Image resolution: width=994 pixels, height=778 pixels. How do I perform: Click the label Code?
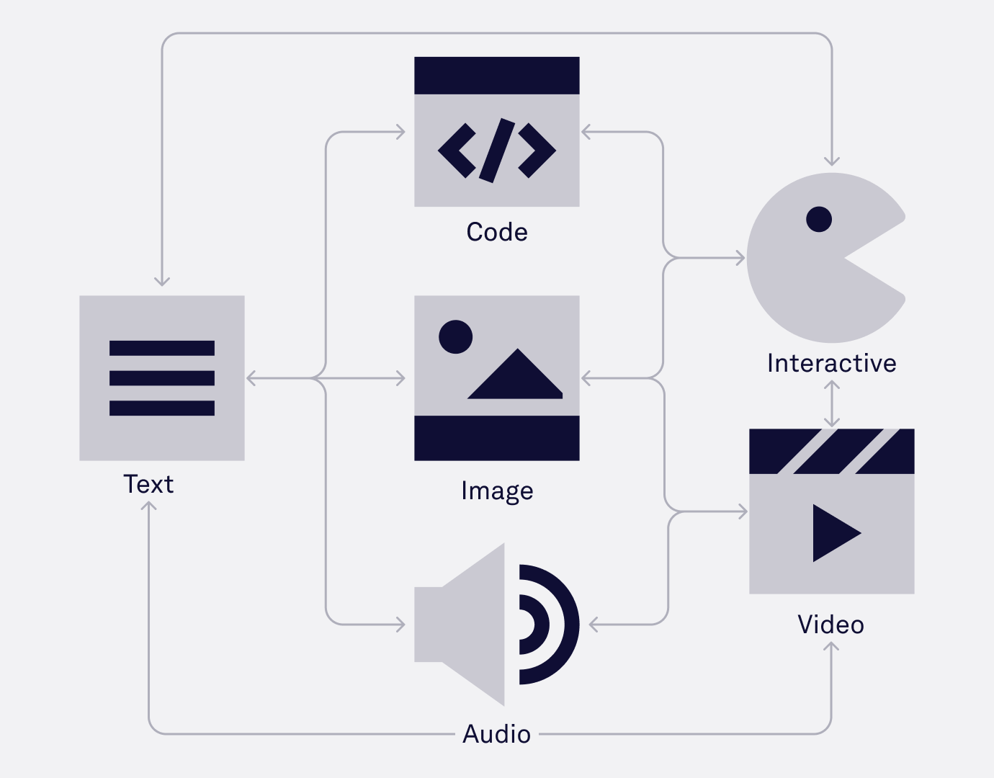click(497, 232)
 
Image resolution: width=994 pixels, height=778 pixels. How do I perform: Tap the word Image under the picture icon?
click(497, 491)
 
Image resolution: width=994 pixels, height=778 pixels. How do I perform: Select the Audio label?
click(497, 734)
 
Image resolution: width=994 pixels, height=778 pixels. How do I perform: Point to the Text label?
click(148, 484)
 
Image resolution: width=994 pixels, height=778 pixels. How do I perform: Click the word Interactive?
click(831, 363)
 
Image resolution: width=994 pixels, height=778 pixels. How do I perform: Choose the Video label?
click(830, 625)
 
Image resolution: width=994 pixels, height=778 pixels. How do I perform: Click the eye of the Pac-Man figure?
click(819, 219)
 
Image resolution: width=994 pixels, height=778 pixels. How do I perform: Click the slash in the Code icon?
click(497, 151)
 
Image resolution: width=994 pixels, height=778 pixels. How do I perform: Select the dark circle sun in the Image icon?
click(455, 336)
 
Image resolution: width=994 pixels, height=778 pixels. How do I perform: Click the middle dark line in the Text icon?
click(162, 378)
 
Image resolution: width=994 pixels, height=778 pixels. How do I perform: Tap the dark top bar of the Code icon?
click(497, 76)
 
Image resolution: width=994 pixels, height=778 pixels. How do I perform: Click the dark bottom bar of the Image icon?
click(497, 438)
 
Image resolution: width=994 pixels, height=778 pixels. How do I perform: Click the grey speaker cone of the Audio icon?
click(468, 624)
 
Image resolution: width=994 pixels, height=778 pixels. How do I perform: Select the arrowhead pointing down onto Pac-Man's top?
click(832, 161)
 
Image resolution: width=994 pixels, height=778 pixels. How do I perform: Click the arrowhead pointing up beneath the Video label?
click(831, 646)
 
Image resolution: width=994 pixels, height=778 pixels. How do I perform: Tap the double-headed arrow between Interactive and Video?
click(832, 403)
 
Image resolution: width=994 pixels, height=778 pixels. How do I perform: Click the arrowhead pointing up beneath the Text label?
click(148, 506)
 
